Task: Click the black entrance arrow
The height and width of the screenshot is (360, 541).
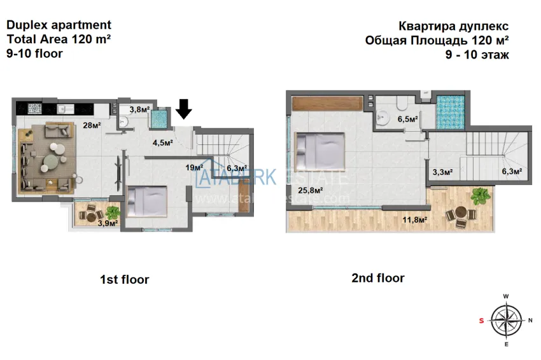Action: (184, 109)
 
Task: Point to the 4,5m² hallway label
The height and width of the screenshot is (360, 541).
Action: (163, 142)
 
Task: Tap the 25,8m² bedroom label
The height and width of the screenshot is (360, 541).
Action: (311, 190)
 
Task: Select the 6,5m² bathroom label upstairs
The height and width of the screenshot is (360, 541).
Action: (407, 119)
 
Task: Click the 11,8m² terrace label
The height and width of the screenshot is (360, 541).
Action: (414, 220)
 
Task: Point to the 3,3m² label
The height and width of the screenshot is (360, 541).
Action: (442, 172)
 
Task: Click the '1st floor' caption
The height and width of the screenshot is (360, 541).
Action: (124, 279)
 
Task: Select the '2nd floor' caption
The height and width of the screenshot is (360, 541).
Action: (377, 278)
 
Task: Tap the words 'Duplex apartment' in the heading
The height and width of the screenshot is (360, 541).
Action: (59, 25)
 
